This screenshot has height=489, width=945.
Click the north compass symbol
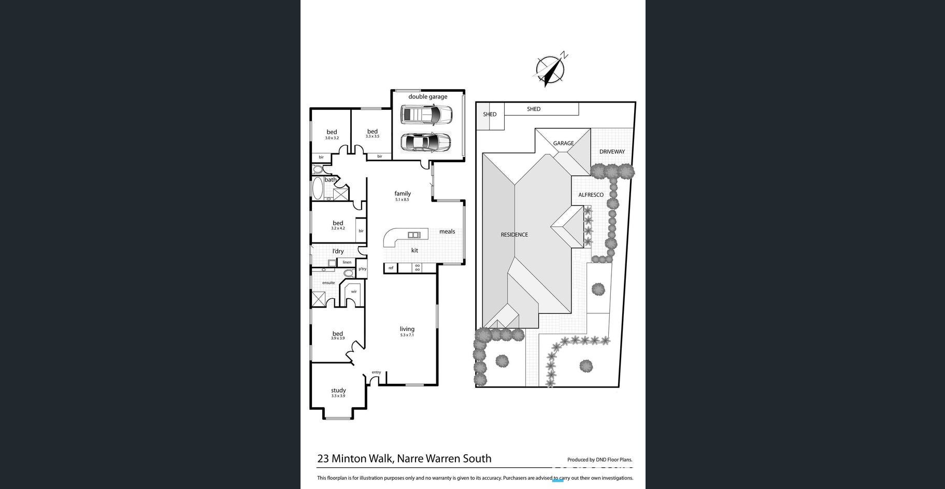(x=550, y=69)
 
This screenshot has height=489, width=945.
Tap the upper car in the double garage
(x=426, y=114)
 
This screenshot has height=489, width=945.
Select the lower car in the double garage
(x=425, y=141)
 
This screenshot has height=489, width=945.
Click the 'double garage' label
(x=427, y=96)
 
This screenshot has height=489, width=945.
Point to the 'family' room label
(x=403, y=194)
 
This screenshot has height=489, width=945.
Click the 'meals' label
(x=447, y=232)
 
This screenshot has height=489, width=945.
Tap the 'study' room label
(x=338, y=391)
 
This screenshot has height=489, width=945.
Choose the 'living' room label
(x=407, y=329)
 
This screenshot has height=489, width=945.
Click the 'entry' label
(x=376, y=372)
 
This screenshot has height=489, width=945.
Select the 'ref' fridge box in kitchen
(x=391, y=268)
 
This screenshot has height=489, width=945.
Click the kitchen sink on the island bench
(x=414, y=235)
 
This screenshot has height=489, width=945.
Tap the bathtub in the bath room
(x=317, y=189)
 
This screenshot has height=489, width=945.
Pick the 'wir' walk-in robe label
(x=354, y=292)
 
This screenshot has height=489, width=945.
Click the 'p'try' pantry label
(x=362, y=269)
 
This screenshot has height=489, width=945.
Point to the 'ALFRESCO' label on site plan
(x=591, y=195)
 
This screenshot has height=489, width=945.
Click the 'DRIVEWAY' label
(x=612, y=152)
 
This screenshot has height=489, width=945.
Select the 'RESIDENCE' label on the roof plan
(x=514, y=235)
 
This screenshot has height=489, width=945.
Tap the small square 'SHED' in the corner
(x=490, y=114)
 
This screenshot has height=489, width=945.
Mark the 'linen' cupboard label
(x=347, y=262)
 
